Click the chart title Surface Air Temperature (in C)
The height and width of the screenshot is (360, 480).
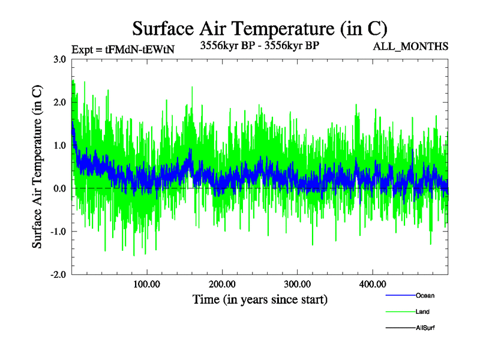point(260,28)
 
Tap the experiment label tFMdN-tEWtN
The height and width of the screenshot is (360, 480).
point(122,50)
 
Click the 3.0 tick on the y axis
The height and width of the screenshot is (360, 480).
point(59,59)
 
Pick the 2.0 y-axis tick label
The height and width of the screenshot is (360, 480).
point(59,102)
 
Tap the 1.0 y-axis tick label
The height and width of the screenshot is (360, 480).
point(59,145)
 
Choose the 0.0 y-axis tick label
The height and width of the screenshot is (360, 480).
point(59,188)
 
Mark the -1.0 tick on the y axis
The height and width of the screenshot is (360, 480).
point(58,232)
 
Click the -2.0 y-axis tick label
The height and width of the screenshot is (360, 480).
point(58,275)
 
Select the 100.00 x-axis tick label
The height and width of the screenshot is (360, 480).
point(146,284)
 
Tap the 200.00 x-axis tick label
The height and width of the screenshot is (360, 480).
point(222,284)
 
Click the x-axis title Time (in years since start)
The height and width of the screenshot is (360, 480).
point(260,299)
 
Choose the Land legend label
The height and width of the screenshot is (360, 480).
point(422,312)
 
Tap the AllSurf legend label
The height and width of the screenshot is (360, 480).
point(425,328)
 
